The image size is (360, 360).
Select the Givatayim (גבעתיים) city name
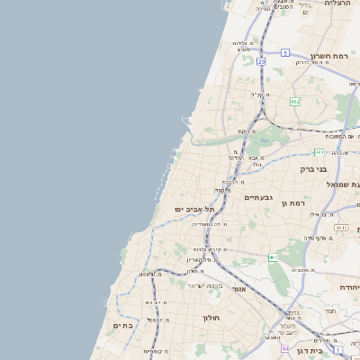click(x=258, y=196)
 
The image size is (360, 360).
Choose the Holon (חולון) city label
click(x=211, y=318)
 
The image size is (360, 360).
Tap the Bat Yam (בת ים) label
click(x=122, y=325)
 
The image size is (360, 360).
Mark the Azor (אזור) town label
click(x=238, y=290)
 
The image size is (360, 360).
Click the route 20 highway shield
click(x=261, y=61)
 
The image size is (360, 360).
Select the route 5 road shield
click(x=285, y=53)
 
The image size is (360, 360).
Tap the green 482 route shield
click(x=294, y=102)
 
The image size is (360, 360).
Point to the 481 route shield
click(x=319, y=153)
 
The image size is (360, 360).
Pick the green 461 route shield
click(x=272, y=257)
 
